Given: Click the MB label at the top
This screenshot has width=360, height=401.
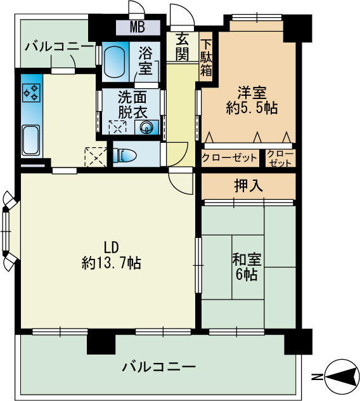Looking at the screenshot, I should (x=138, y=27).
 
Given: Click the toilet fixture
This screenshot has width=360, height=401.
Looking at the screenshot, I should (x=125, y=154).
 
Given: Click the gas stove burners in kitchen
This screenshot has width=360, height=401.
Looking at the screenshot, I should (x=31, y=93).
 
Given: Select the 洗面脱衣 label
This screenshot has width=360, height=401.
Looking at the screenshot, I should (x=132, y=105).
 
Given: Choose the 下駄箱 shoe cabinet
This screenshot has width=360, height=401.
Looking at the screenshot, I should (x=207, y=58).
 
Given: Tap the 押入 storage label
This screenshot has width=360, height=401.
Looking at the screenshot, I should (x=248, y=186).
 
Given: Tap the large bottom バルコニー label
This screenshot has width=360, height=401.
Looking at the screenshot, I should (x=158, y=367).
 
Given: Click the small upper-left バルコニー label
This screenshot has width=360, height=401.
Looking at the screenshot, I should (x=58, y=46).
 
